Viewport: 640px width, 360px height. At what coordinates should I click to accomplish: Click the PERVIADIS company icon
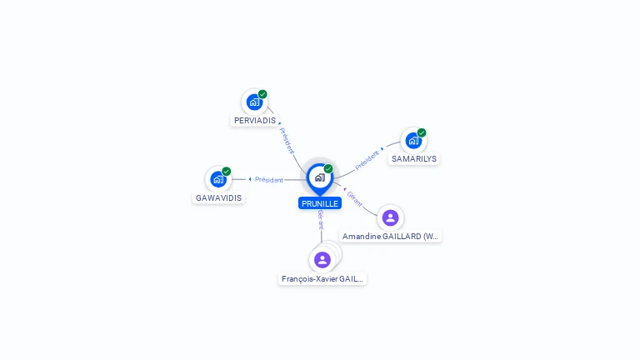pos(254,102)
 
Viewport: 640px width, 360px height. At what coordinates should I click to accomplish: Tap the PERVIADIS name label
pos(255,121)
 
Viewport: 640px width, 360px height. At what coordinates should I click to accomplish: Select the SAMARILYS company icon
pos(413,141)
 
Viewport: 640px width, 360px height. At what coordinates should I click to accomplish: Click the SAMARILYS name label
pos(414,158)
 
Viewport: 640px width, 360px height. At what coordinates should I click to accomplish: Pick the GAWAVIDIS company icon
pos(218,179)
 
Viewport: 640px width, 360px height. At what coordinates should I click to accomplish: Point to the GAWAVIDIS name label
pos(219,198)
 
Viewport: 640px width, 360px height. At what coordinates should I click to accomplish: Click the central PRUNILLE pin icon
pos(320,177)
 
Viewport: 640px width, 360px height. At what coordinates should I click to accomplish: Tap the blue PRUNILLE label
pos(320,203)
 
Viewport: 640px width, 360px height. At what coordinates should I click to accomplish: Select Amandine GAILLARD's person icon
pos(390,218)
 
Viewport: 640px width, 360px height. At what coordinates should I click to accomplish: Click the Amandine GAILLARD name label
pos(391,237)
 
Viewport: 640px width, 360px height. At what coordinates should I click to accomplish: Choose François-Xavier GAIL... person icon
pos(322,260)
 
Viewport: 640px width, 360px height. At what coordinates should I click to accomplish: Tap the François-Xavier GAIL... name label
pos(322,279)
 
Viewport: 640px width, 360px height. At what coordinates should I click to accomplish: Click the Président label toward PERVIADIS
pos(287,139)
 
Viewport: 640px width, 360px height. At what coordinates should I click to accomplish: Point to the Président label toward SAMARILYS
pos(367,159)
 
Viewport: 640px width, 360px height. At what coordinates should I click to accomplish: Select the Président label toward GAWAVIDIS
pos(268,180)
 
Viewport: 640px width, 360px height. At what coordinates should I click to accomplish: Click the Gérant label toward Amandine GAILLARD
pos(355,198)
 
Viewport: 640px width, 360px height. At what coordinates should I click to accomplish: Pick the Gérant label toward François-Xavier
pos(321,219)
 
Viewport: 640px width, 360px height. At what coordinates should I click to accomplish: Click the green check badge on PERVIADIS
pos(262,94)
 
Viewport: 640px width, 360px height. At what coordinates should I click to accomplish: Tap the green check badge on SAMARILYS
pos(422,132)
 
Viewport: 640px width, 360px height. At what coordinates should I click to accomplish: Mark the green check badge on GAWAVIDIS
pos(227,171)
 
